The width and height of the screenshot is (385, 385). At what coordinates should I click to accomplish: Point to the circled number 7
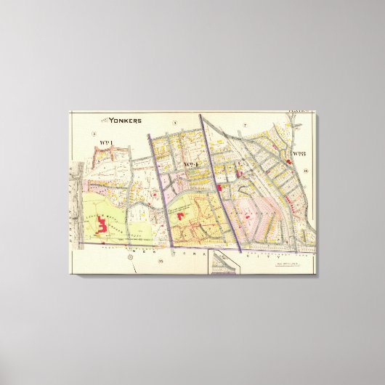pos(246,126)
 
